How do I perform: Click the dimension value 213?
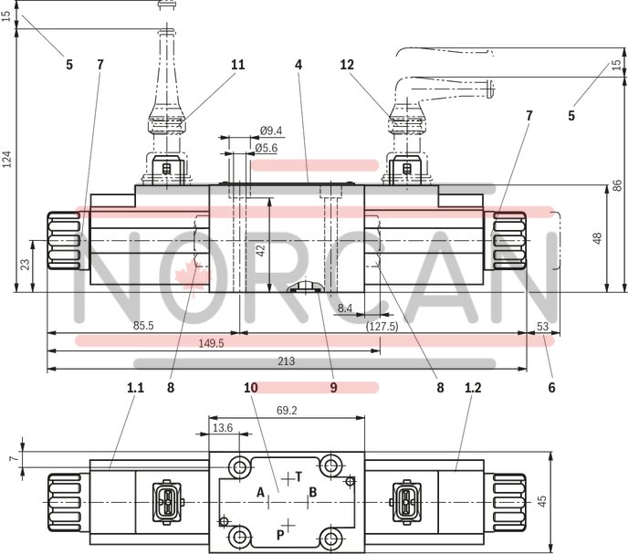pyautogui.click(x=286, y=361)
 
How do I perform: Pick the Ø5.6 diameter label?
pyautogui.click(x=266, y=148)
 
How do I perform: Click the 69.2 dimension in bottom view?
pyautogui.click(x=287, y=412)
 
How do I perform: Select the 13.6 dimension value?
pyautogui.click(x=222, y=427)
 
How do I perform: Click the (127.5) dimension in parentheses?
pyautogui.click(x=382, y=325)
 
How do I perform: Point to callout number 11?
pyautogui.click(x=237, y=65)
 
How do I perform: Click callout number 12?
pyautogui.click(x=346, y=65)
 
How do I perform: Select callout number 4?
pyautogui.click(x=298, y=65)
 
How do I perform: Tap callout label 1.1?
pyautogui.click(x=135, y=387)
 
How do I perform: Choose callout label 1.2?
pyautogui.click(x=473, y=387)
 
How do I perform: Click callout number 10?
pyautogui.click(x=251, y=387)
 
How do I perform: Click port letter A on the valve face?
pyautogui.click(x=260, y=493)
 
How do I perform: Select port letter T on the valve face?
pyautogui.click(x=298, y=476)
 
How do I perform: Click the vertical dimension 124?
pyautogui.click(x=7, y=160)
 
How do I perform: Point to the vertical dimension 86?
pyautogui.click(x=618, y=184)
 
